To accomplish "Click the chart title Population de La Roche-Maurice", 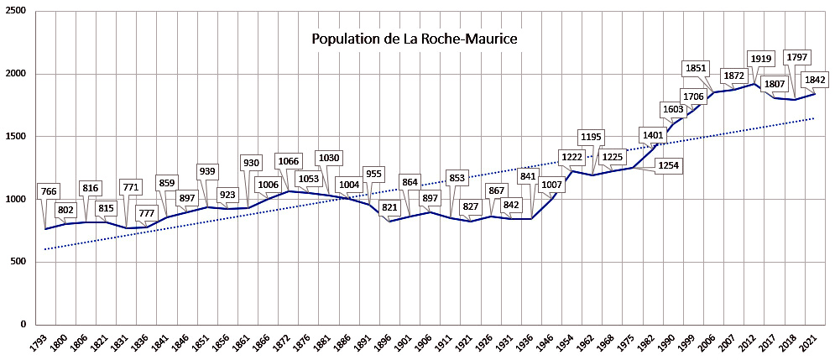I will pos(415,39).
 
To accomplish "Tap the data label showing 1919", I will pos(762,58).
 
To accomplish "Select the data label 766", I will pos(50,192).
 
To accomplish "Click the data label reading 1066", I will pos(288,161).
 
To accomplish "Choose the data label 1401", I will pos(652,135).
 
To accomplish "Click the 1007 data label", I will pos(550,185).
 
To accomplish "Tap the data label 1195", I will pos(592,137).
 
